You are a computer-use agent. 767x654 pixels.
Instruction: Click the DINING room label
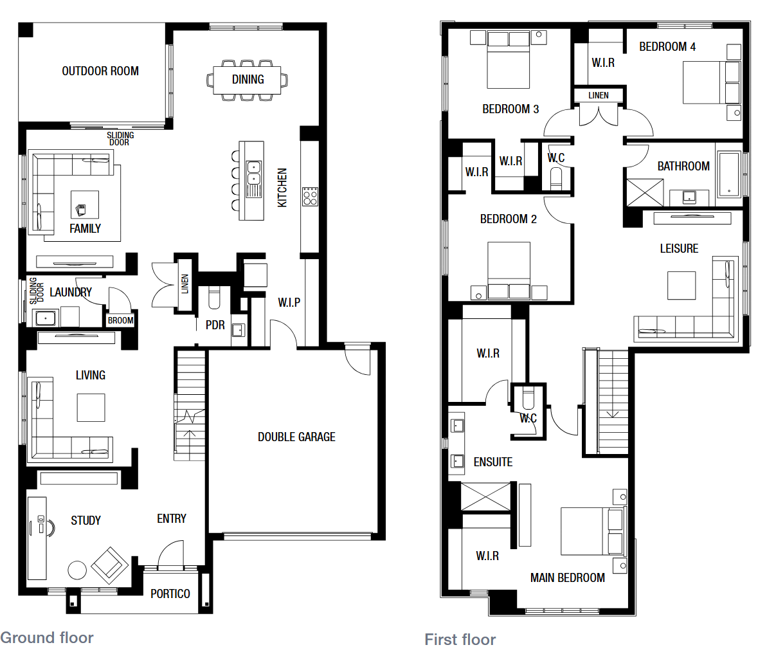coord(248,79)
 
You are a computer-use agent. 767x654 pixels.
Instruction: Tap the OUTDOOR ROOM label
coord(100,71)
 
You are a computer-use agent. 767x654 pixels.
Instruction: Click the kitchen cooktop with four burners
coord(310,196)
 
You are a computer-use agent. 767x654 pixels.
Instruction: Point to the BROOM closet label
coord(120,320)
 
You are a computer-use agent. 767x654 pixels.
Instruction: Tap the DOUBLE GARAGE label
coord(296,437)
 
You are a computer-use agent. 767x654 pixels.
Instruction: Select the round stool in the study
coord(77,570)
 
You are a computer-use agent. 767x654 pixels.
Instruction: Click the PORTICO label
coord(170,594)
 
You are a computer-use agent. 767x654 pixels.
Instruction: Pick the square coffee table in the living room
coord(91,408)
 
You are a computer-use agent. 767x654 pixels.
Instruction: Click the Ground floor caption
coord(47,638)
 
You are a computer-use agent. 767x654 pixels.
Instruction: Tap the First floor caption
coord(460,639)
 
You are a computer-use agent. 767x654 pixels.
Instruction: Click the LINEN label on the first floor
coord(599,95)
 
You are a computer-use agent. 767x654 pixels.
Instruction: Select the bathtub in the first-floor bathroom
coord(729,174)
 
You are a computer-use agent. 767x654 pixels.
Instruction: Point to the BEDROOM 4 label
coord(667,46)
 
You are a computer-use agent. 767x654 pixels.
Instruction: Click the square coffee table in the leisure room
coord(681,286)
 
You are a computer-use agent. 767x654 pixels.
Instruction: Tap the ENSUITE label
coord(493,462)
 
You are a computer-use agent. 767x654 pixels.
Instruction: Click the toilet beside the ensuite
coord(528,399)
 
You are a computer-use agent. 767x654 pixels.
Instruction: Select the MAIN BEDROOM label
coord(568,577)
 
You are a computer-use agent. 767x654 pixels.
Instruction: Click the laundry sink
coord(46,318)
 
